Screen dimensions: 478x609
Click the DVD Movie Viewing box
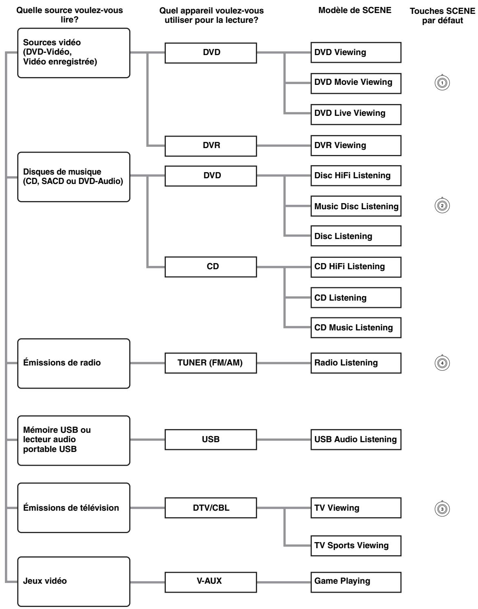[x=356, y=83]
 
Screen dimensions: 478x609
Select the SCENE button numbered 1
[x=442, y=83]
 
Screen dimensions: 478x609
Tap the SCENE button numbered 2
[x=442, y=206]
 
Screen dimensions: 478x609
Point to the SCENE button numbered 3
[x=442, y=509]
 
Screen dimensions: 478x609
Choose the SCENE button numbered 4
[x=442, y=363]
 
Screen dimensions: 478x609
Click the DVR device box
[x=211, y=146]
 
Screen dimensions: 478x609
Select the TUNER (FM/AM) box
[x=211, y=363]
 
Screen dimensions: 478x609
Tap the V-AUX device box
[x=211, y=582]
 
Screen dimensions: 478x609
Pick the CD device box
[x=211, y=267]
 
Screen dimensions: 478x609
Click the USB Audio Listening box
[x=356, y=439]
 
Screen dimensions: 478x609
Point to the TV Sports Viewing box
[x=356, y=546]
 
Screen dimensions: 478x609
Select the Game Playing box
[x=356, y=582]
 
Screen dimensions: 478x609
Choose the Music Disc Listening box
[x=356, y=206]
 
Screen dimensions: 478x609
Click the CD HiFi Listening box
[x=356, y=267]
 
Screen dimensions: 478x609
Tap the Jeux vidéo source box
[x=74, y=582]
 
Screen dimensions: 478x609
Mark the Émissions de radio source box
[x=74, y=363]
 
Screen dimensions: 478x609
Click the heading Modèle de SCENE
[x=355, y=10]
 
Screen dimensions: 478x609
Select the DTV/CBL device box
[x=211, y=508]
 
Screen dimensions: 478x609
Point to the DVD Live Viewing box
[x=356, y=114]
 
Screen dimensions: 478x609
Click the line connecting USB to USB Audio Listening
[x=284, y=439]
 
